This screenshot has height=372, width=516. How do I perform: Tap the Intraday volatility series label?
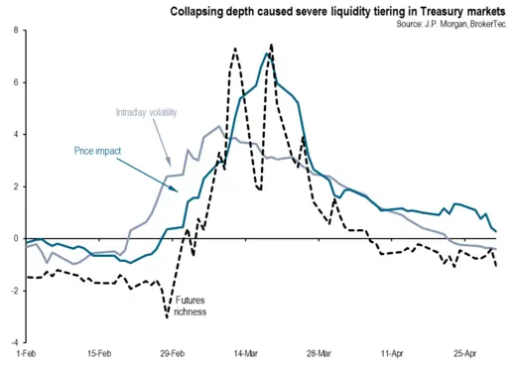(x=146, y=112)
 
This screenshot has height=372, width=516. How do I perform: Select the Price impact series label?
(x=97, y=151)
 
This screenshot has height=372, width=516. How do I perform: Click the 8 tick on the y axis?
(x=15, y=31)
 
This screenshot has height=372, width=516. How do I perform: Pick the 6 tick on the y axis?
(x=15, y=82)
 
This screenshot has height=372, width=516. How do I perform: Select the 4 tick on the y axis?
(x=15, y=134)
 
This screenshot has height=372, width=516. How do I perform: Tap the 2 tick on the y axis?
(x=15, y=186)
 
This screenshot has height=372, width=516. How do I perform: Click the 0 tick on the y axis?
(x=15, y=238)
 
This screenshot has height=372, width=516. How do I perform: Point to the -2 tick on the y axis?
(x=13, y=291)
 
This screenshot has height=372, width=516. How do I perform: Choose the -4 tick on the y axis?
(x=13, y=342)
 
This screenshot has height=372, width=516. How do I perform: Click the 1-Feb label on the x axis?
(x=26, y=353)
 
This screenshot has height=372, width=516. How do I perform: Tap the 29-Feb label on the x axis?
(x=172, y=353)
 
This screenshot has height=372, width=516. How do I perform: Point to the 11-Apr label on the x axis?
(x=391, y=353)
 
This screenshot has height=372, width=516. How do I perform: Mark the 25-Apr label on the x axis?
(x=465, y=353)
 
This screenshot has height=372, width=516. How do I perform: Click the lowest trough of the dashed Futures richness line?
(x=167, y=316)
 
